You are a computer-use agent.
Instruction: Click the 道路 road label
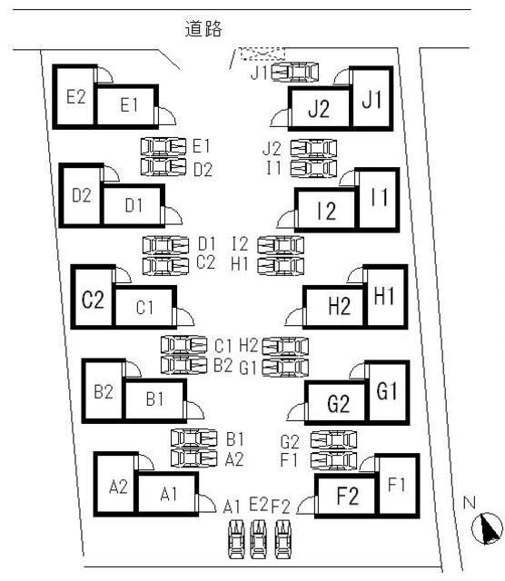203,28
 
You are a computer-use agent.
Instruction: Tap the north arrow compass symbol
487,528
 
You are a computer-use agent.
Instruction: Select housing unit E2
74,97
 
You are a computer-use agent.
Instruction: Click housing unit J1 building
371,99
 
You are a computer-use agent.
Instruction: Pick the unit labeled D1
134,205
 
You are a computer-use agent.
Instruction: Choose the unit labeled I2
326,210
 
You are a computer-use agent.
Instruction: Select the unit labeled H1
384,297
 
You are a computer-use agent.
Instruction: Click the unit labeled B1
154,400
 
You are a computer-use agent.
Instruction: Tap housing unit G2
337,403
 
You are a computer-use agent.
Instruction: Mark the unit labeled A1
168,494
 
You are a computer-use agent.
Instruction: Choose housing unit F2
347,496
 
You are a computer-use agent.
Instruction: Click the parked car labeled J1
295,72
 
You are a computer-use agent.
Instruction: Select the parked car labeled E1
163,147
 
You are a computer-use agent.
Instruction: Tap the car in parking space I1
313,168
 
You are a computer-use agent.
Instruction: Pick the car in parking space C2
165,266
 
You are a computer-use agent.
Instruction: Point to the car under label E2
259,538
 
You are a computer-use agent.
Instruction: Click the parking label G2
290,441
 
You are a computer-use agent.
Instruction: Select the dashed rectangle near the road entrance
262,54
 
